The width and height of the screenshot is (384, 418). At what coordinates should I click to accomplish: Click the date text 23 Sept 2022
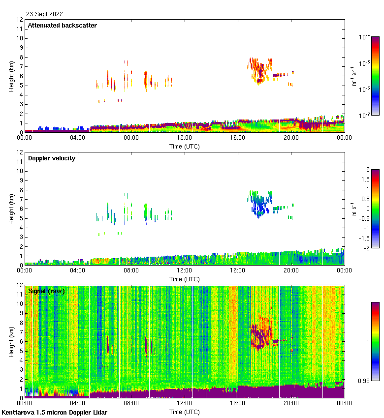[44, 14]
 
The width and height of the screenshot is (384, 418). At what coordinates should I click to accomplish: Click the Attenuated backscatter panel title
[62, 25]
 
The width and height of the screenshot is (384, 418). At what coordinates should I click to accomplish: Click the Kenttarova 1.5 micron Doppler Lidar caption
[54, 412]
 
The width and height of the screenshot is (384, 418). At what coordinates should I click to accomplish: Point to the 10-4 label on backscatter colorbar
[365, 36]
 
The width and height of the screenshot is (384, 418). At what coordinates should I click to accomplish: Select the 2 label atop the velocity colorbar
[367, 169]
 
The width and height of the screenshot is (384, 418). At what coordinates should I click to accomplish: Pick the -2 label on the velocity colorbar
[366, 247]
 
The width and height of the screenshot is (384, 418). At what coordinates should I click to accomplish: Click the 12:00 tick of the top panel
[184, 138]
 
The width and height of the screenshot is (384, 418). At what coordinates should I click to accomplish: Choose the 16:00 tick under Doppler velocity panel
[237, 270]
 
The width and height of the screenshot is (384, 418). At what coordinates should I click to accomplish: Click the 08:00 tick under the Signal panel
[131, 403]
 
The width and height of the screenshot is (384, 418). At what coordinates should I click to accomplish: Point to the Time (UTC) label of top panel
[184, 146]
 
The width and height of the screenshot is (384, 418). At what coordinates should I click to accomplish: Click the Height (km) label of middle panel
[11, 209]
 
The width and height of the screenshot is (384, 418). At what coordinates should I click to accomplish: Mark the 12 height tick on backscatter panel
[20, 20]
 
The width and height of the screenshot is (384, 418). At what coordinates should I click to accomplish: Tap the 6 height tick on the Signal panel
[21, 341]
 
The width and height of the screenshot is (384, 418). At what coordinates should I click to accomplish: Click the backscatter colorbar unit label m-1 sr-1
[354, 76]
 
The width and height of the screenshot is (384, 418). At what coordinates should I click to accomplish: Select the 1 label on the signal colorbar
[366, 341]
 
